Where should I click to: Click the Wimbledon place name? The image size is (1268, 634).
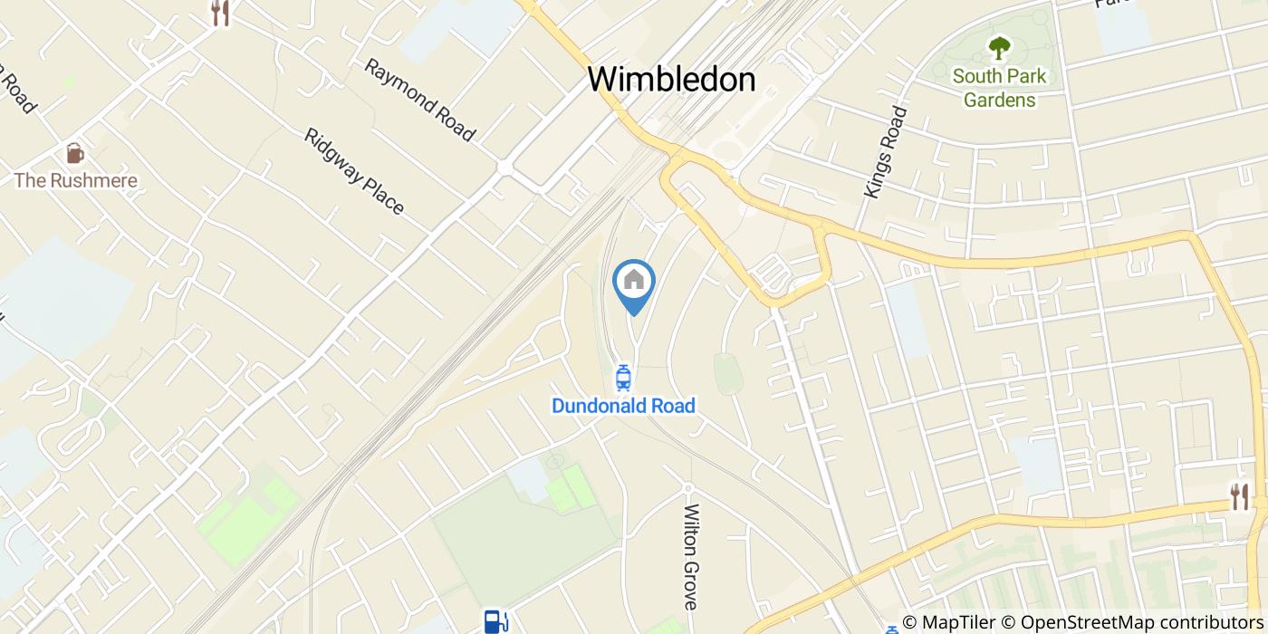[x=671, y=80]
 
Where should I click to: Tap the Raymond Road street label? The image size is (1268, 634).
[x=419, y=101]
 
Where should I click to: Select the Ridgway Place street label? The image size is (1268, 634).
[x=354, y=171]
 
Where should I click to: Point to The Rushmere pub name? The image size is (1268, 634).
[x=75, y=180]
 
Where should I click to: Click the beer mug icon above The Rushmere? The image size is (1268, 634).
[x=75, y=153]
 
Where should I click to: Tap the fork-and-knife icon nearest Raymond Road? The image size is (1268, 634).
[x=220, y=13]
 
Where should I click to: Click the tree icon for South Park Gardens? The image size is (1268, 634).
[x=999, y=47]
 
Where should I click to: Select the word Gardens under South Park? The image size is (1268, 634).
[x=999, y=100]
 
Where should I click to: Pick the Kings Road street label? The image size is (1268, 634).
[x=886, y=152]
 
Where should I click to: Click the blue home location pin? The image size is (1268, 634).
[x=634, y=283]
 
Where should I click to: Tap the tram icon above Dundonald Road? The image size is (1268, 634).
[x=623, y=378]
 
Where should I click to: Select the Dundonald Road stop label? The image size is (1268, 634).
[x=623, y=406]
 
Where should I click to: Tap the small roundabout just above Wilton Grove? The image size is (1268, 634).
[x=687, y=487]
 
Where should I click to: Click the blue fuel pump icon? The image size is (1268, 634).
[x=495, y=620]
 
